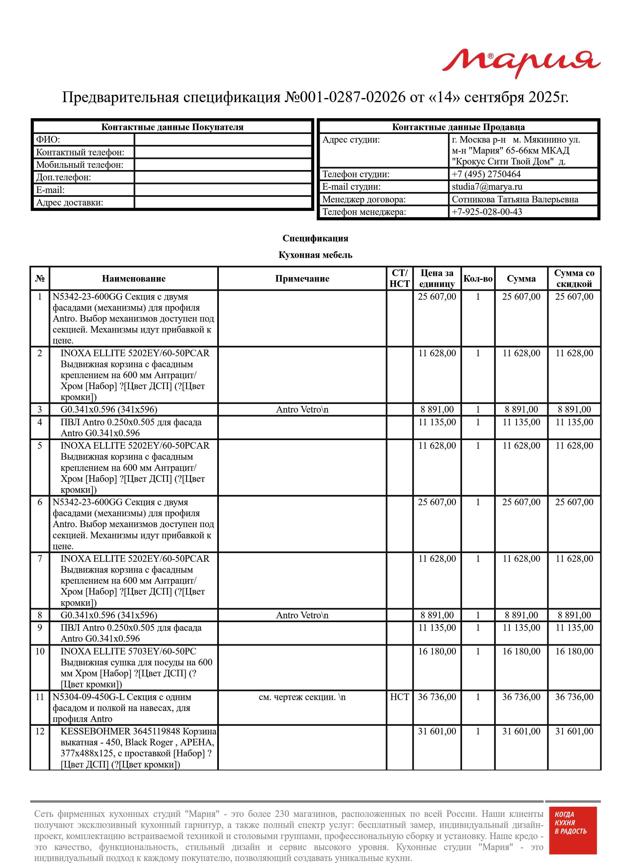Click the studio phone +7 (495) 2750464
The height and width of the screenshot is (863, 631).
(486, 174)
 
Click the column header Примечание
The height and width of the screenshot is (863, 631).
(302, 279)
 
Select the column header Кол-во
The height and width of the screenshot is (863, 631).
(478, 279)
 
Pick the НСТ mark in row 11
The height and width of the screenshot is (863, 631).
(399, 697)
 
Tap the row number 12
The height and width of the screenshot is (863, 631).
(40, 731)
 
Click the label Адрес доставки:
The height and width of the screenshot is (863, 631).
(69, 202)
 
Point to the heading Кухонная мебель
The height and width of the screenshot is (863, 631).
(315, 255)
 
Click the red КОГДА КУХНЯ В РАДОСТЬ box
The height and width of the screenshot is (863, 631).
(572, 835)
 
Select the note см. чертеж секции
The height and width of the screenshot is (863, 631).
(302, 697)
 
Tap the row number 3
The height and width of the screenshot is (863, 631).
(40, 409)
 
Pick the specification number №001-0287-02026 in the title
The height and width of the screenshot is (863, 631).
(345, 97)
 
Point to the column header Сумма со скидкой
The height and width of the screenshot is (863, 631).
(574, 278)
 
